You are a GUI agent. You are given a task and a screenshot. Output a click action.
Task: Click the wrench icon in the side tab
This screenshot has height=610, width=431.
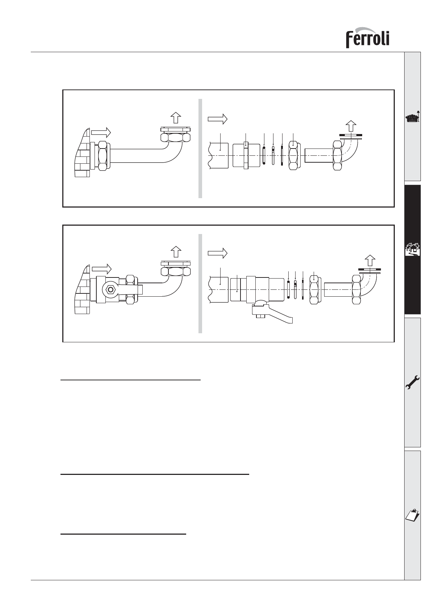tap(413, 383)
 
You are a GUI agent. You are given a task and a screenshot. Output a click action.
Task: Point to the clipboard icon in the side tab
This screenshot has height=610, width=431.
tap(413, 515)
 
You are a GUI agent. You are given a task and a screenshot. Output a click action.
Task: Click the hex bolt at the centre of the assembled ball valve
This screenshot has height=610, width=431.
tap(110, 289)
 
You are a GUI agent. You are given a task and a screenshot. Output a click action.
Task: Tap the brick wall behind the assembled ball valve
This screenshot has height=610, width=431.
tap(83, 289)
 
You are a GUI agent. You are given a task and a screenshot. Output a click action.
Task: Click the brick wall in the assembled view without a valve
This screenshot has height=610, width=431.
tap(83, 152)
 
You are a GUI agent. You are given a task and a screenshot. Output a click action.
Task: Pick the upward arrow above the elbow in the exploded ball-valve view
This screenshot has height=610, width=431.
tap(369, 260)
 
